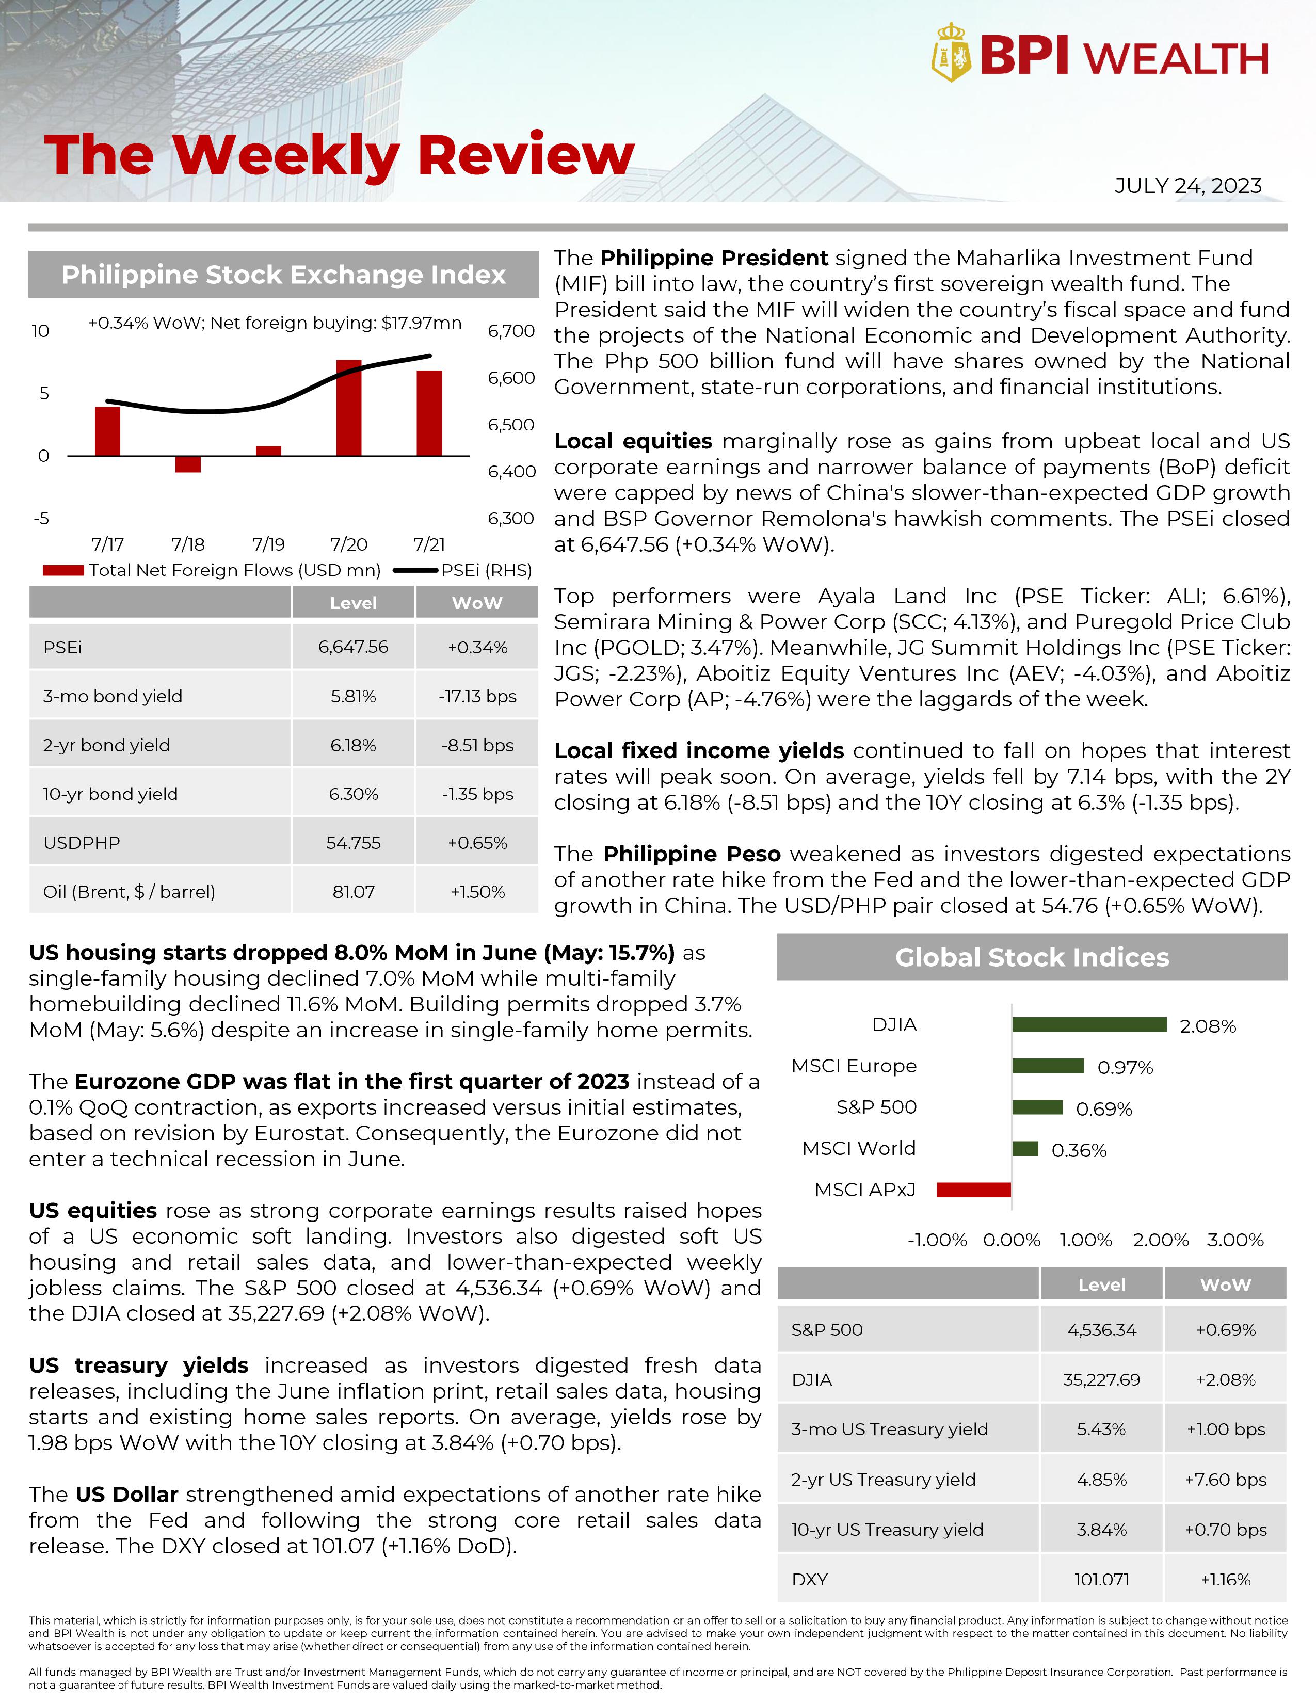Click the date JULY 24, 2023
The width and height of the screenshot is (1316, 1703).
pos(1187,186)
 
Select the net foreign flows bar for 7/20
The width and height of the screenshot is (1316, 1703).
pos(348,408)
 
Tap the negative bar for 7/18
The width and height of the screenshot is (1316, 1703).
pos(188,464)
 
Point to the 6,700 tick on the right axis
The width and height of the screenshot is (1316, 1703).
pos(510,331)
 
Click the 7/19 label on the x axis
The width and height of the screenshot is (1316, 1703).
pos(268,544)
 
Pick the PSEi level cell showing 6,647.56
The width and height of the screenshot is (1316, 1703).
pos(353,647)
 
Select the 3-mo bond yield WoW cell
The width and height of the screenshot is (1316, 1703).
pos(477,696)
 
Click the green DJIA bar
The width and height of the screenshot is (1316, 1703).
pos(1089,1024)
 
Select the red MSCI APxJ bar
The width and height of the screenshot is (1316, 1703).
pos(974,1189)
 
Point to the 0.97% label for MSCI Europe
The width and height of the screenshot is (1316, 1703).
pos(1124,1068)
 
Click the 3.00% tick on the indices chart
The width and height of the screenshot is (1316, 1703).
pos(1235,1240)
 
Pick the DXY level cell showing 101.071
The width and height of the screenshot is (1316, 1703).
pos(1101,1580)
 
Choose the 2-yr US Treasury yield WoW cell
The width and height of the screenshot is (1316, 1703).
pos(1225,1480)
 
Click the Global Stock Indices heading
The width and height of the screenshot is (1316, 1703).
pos(1032,957)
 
